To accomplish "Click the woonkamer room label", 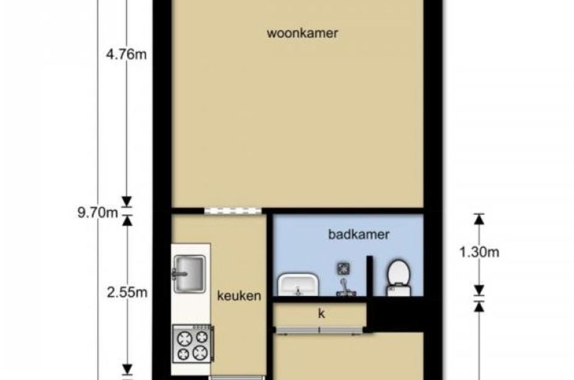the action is pyautogui.click(x=302, y=33).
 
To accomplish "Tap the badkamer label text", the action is pyautogui.click(x=358, y=235).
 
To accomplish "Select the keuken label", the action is pyautogui.click(x=239, y=295).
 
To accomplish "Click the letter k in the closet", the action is pyautogui.click(x=321, y=314).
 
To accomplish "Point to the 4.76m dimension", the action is pyautogui.click(x=126, y=55).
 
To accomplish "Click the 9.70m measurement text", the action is pyautogui.click(x=98, y=213).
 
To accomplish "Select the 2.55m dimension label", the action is pyautogui.click(x=127, y=292).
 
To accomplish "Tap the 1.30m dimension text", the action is pyautogui.click(x=479, y=252).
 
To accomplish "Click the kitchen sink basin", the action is pyautogui.click(x=190, y=274).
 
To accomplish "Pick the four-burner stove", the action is pyautogui.click(x=193, y=344).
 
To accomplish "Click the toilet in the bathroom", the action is pyautogui.click(x=398, y=278).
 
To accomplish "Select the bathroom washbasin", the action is pyautogui.click(x=298, y=285).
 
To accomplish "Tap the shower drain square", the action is pyautogui.click(x=343, y=269).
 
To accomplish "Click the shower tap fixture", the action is pyautogui.click(x=346, y=288).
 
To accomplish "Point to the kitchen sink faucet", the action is pyautogui.click(x=179, y=274).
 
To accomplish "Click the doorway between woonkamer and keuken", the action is pyautogui.click(x=233, y=211).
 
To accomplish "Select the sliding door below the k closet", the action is pyautogui.click(x=319, y=330).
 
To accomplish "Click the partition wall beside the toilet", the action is pyautogui.click(x=370, y=275).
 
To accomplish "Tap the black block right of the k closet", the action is pyautogui.click(x=395, y=314).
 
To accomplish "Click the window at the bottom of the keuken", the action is pyautogui.click(x=237, y=378).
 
